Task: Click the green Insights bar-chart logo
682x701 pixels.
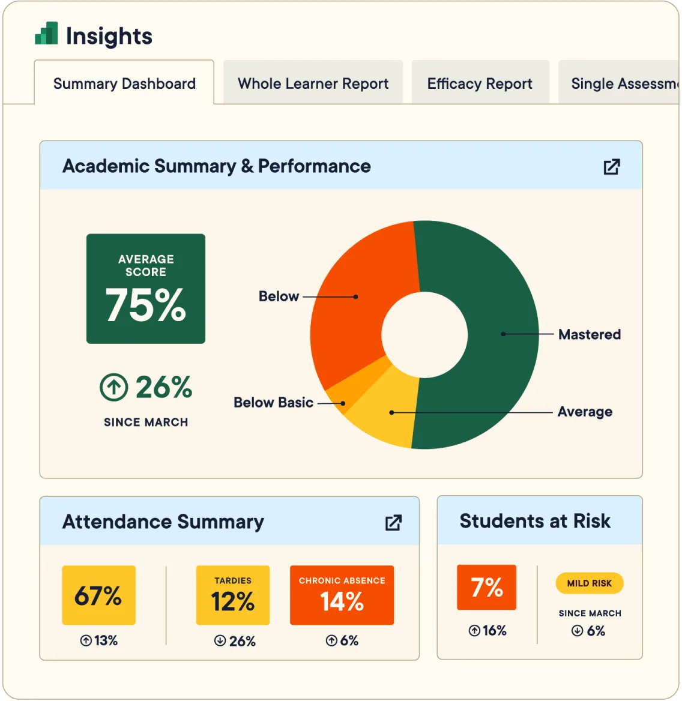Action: (x=46, y=34)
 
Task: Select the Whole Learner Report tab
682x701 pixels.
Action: (x=313, y=83)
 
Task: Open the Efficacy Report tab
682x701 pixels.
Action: (x=480, y=83)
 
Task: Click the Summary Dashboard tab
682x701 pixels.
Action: (x=124, y=83)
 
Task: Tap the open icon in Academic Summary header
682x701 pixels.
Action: (x=611, y=166)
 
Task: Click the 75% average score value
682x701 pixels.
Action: (x=146, y=305)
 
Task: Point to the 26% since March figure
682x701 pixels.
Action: (x=163, y=387)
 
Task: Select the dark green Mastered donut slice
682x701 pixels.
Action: (x=492, y=336)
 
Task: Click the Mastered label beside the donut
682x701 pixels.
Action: (x=589, y=334)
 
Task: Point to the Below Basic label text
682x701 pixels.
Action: (x=273, y=402)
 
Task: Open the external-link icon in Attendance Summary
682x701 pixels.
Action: (x=393, y=522)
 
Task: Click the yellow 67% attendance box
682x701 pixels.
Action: (x=98, y=595)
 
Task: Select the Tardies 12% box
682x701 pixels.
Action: (x=232, y=595)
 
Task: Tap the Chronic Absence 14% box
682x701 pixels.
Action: (x=342, y=595)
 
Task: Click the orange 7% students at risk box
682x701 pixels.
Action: (x=486, y=588)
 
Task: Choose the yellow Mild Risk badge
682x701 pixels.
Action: (x=590, y=583)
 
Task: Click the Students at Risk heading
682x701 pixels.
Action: (x=535, y=521)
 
